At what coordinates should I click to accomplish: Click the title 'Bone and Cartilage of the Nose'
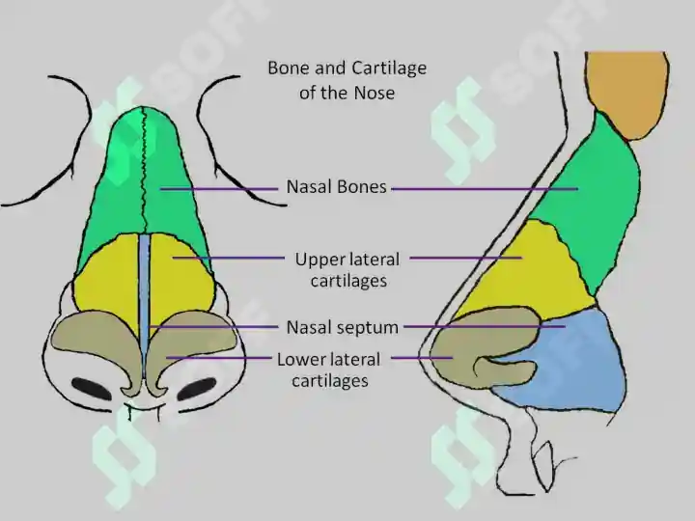click(x=347, y=80)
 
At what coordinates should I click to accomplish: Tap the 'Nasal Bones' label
click(x=337, y=186)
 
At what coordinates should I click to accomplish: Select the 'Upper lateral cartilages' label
click(x=347, y=270)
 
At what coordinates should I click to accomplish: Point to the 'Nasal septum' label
click(x=342, y=327)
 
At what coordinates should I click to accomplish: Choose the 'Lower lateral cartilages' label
click(x=329, y=370)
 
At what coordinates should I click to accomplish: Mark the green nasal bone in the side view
click(x=590, y=200)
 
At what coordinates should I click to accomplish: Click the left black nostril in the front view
click(x=92, y=389)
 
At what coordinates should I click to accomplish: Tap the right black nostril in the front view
click(x=197, y=389)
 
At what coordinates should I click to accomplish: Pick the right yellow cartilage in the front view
click(x=181, y=279)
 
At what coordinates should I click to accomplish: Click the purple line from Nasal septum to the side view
click(x=485, y=327)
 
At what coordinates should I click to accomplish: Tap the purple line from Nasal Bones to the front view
click(x=219, y=189)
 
